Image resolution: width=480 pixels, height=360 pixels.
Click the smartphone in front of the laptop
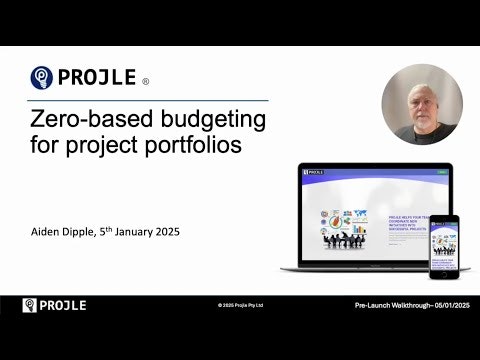443,247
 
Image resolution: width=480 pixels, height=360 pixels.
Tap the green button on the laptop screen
414,172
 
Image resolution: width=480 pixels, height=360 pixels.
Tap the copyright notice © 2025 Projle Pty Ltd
240,305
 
